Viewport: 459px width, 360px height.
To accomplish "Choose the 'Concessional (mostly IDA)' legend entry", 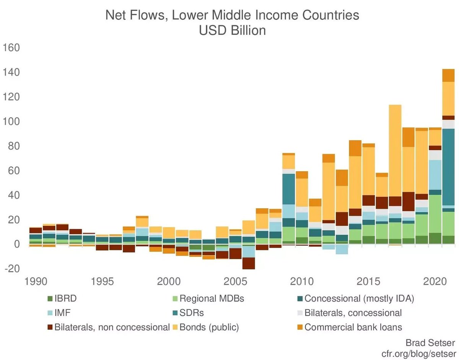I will [360, 298].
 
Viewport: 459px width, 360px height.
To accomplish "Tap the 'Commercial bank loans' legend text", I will [353, 327].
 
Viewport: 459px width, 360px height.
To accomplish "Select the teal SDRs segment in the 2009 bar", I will [288, 189].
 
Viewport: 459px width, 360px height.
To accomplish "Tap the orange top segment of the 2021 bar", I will [448, 75].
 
